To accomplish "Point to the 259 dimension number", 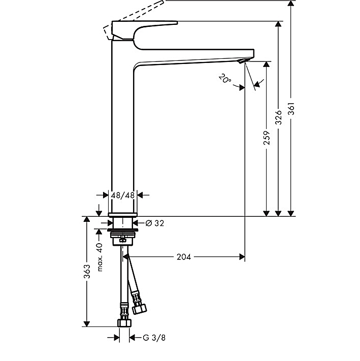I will [x=266, y=138].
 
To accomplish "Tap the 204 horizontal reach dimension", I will [x=184, y=257].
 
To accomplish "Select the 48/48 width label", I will [x=123, y=194].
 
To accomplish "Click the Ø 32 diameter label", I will [x=154, y=223].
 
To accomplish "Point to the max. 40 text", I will [x=100, y=256].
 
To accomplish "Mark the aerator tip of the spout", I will [x=243, y=61].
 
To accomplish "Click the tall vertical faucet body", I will [x=123, y=132].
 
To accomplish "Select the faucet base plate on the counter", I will [x=123, y=214].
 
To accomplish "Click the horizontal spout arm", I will [x=193, y=57].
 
